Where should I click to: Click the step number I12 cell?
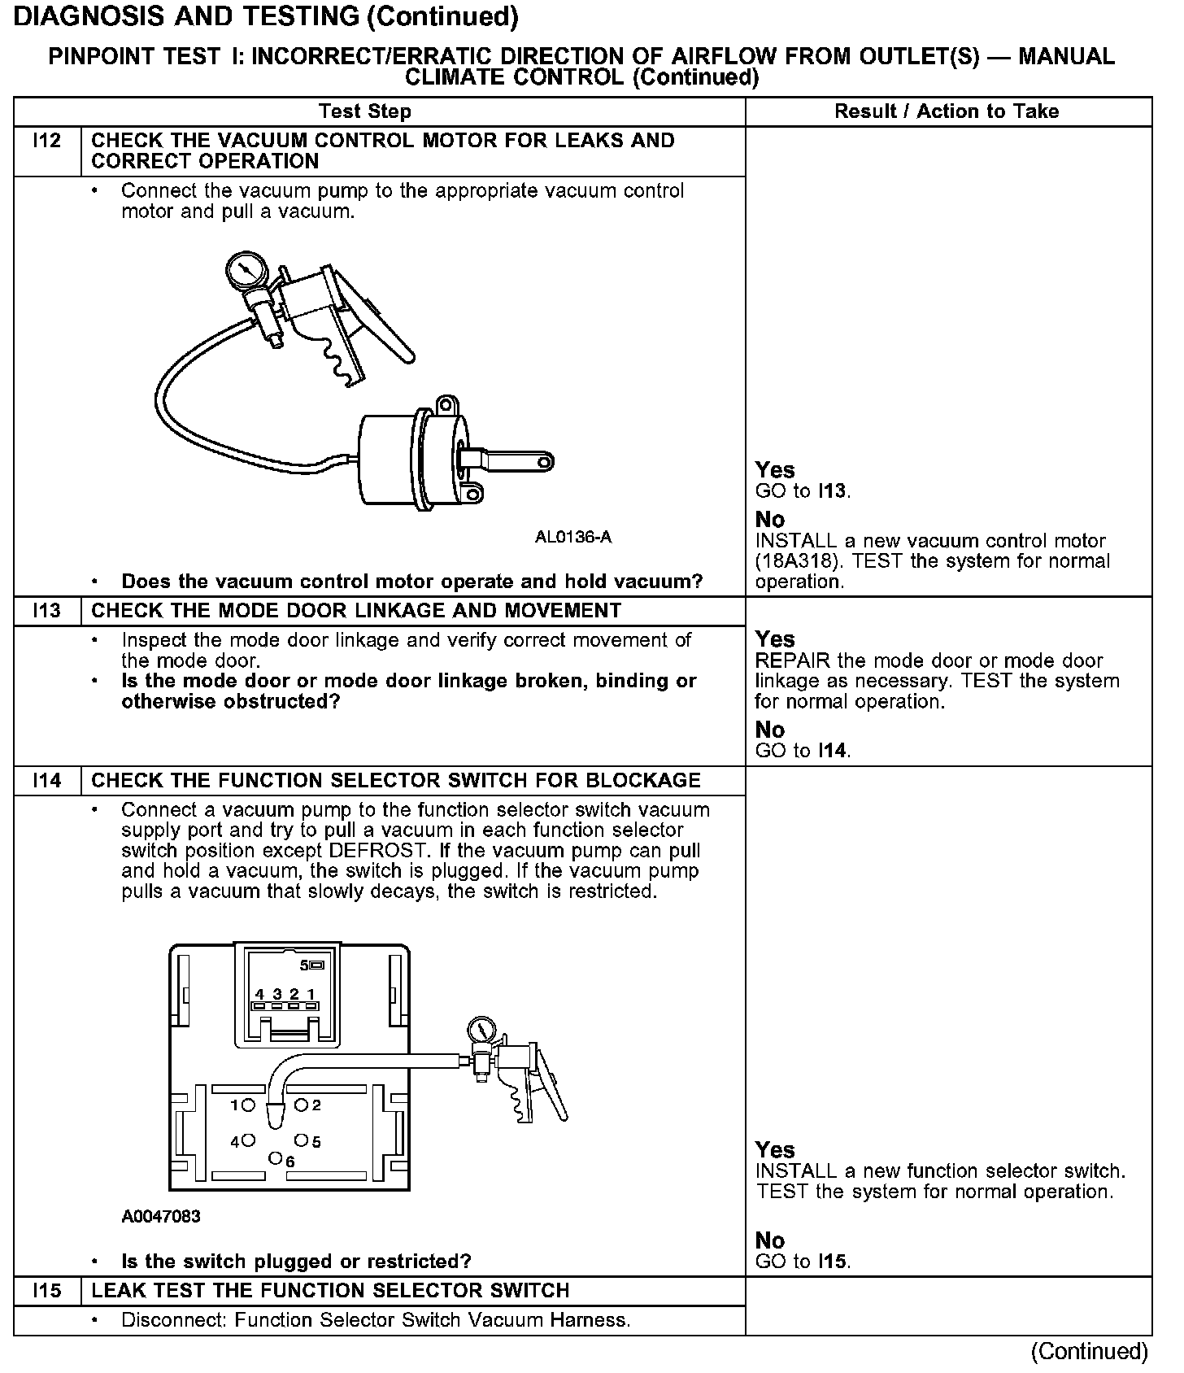(47, 142)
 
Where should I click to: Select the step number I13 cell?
(47, 612)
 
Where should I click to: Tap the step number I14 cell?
(47, 781)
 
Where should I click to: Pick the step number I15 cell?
(47, 1291)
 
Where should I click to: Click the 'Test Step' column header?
(365, 111)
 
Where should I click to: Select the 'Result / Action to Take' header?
(947, 111)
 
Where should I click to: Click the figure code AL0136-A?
(572, 538)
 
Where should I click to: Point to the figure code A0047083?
(161, 1217)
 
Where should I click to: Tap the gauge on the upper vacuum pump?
(242, 270)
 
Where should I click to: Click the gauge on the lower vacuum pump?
(481, 1029)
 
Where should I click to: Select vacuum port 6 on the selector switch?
(276, 1157)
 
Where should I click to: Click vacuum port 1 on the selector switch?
(248, 1105)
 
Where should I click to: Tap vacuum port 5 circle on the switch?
(301, 1140)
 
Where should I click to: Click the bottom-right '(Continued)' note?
(1089, 1351)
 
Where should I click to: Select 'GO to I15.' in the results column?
(803, 1262)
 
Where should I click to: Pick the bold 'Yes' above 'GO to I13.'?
(775, 470)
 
